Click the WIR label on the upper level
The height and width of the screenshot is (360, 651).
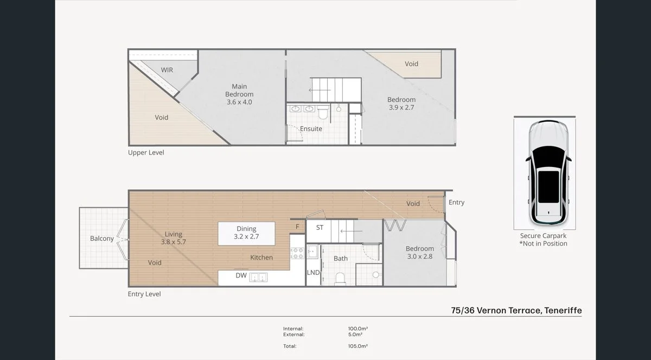coord(167,70)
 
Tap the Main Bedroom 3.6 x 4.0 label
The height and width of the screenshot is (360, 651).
coord(239,94)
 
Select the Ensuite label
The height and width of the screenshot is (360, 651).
coord(311,129)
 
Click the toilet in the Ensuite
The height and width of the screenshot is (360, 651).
coord(323,113)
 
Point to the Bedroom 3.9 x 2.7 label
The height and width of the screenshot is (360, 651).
coord(401,104)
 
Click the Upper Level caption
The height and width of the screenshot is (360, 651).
coord(146,153)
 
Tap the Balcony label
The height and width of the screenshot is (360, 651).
coord(102,239)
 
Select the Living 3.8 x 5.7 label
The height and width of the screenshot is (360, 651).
coord(174,238)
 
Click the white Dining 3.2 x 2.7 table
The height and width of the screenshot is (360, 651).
coord(246,233)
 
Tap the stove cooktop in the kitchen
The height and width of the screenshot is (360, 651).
coord(297,253)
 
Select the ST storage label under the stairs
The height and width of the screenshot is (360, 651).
coord(320,228)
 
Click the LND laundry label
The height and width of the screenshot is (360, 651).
coord(313,273)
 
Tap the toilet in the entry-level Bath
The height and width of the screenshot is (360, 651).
coord(341,278)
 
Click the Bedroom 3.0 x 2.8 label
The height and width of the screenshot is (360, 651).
coord(420,253)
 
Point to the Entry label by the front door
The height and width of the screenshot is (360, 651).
coord(457,202)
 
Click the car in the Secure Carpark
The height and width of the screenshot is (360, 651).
coord(548,172)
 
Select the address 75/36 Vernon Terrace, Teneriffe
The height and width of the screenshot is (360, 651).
coord(516,310)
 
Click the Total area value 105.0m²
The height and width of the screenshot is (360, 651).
coord(358,346)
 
